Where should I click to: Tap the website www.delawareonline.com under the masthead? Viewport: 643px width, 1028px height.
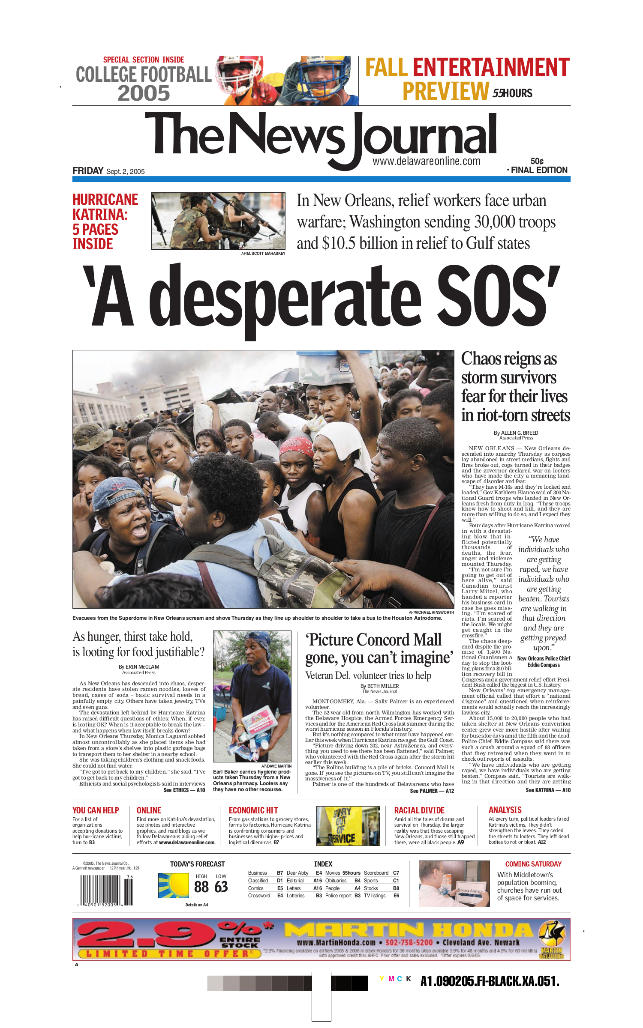(426, 161)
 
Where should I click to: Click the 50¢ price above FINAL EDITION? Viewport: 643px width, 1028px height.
(537, 161)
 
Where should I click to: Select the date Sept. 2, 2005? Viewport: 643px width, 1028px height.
(125, 172)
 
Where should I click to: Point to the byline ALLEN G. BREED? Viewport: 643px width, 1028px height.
(519, 433)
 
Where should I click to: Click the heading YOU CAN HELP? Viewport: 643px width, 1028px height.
(96, 810)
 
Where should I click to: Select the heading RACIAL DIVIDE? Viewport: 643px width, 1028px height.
(419, 810)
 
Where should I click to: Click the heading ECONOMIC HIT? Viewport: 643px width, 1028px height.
(253, 810)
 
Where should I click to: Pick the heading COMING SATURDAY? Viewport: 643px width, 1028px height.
(533, 864)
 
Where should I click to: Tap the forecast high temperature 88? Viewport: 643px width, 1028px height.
(201, 887)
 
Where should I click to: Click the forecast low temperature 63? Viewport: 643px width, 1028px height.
(221, 887)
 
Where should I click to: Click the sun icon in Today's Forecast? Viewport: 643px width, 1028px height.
(173, 885)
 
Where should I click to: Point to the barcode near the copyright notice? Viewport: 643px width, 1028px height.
(106, 890)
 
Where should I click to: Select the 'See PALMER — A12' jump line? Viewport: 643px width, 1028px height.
(432, 791)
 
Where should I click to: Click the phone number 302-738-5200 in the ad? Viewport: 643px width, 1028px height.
(409, 943)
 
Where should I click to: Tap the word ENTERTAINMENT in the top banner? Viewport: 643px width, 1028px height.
(491, 68)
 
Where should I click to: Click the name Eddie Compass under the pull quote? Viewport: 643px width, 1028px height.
(544, 665)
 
